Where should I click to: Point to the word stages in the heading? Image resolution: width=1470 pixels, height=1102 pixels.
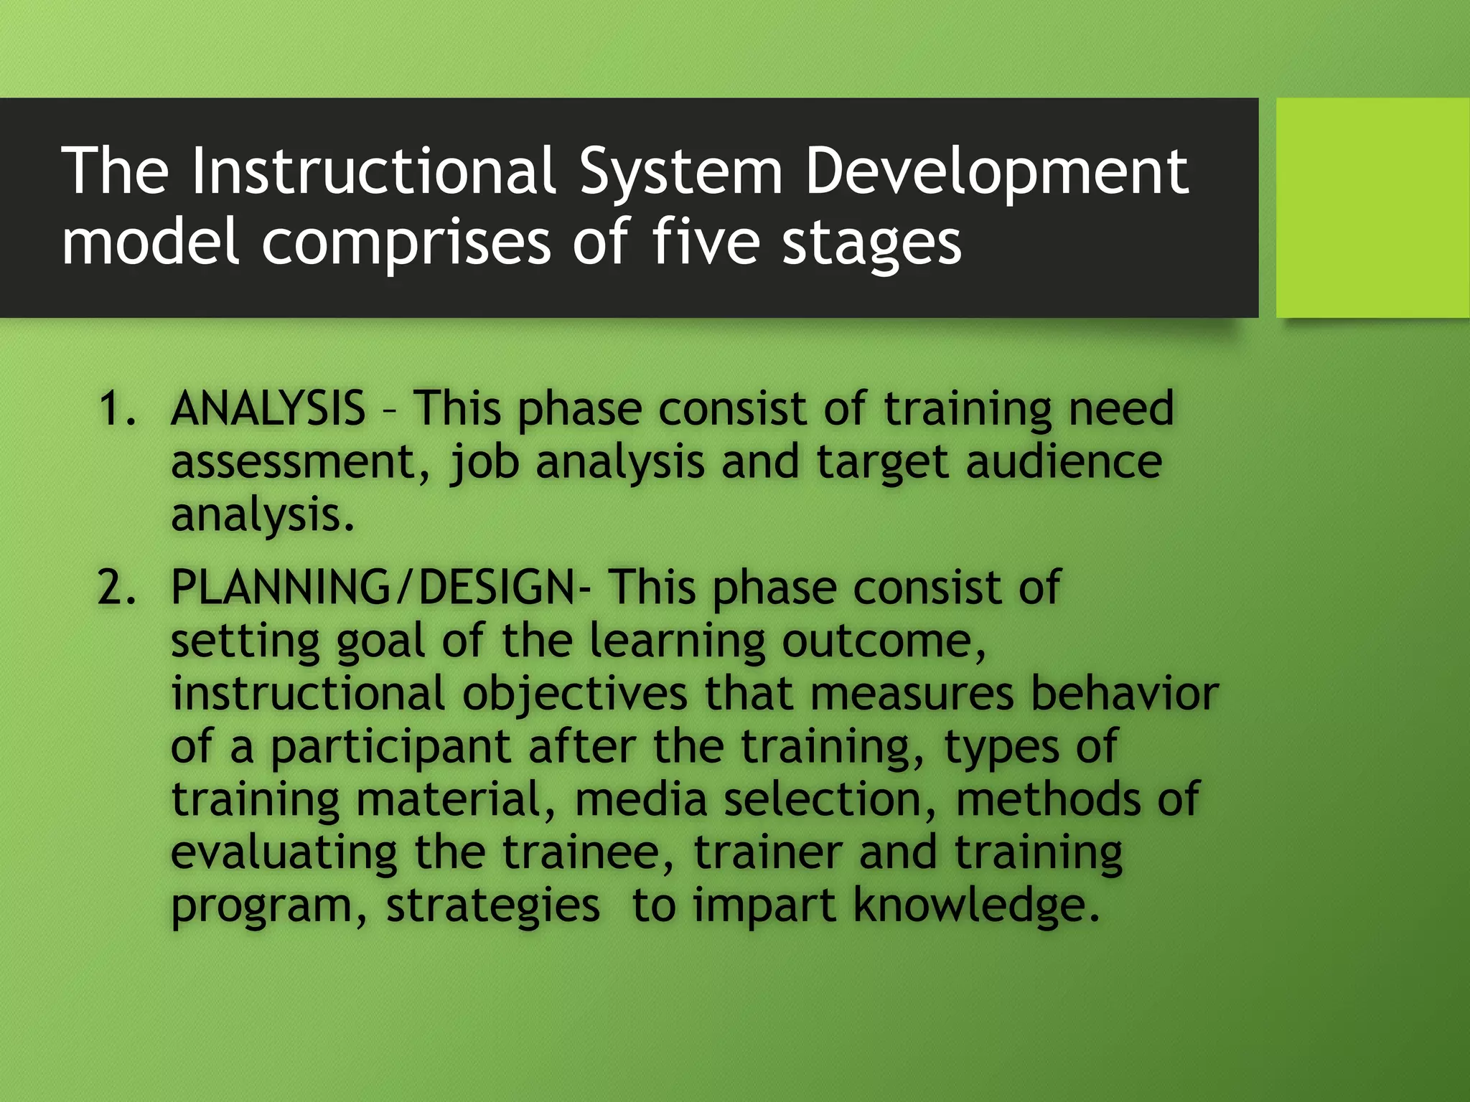[871, 244]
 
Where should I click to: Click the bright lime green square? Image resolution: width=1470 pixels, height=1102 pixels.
[1372, 207]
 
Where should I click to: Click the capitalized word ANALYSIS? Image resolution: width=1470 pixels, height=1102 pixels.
[268, 409]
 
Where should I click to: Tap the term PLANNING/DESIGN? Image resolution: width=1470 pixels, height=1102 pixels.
[373, 588]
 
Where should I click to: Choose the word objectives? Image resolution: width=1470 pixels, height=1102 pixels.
[574, 694]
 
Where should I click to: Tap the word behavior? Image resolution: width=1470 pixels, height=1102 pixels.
[1124, 694]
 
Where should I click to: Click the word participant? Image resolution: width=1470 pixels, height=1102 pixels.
[390, 748]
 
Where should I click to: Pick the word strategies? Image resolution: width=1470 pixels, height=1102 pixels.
[492, 907]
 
